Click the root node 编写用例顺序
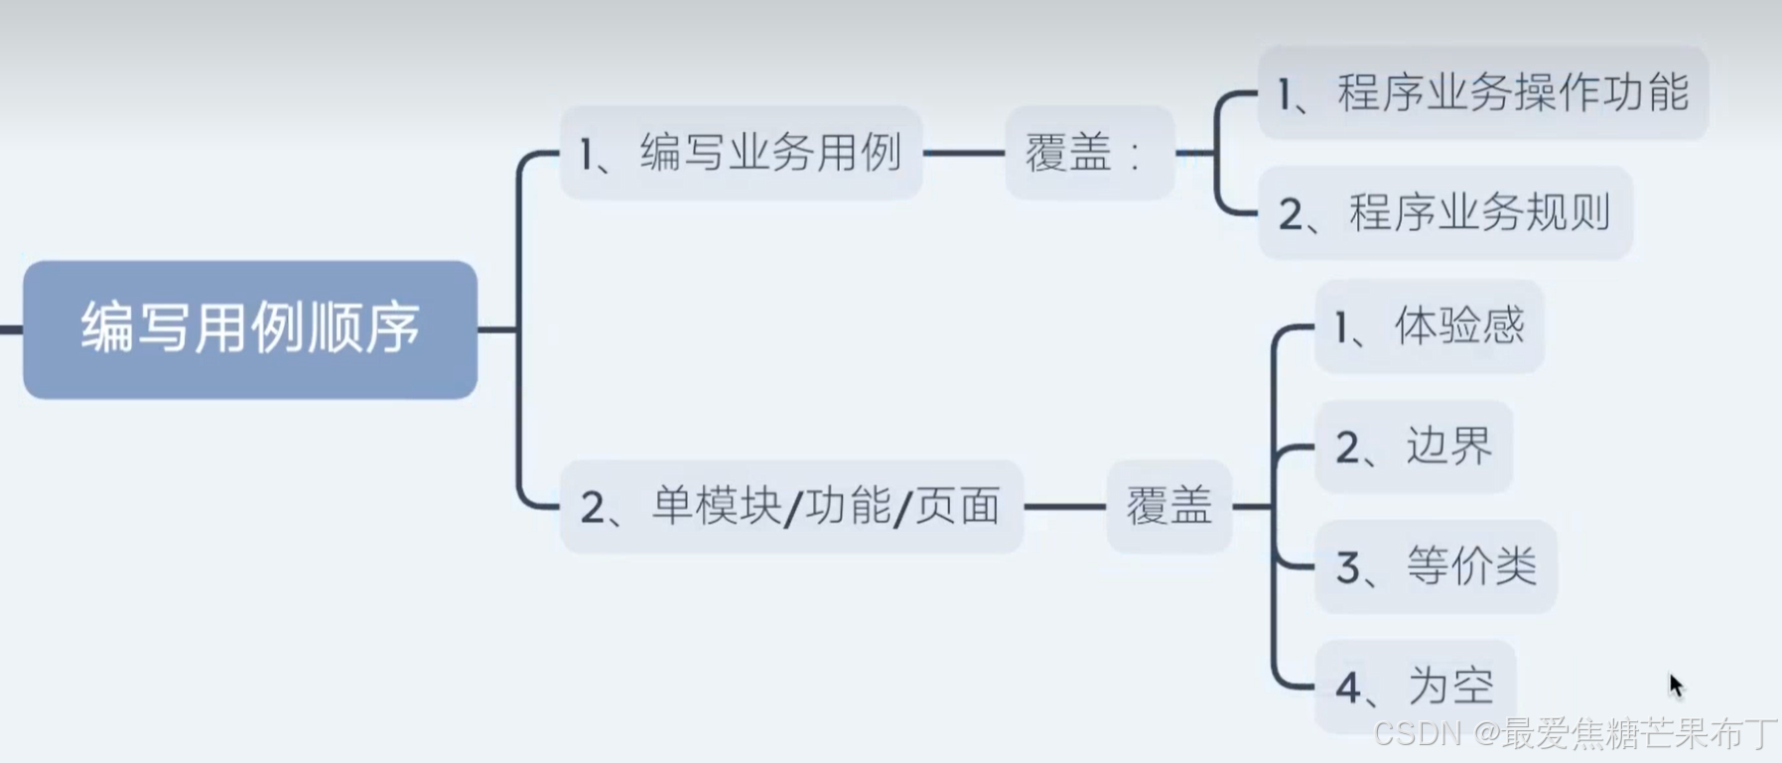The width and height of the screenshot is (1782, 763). (x=250, y=329)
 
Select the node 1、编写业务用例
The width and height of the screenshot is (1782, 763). (x=741, y=153)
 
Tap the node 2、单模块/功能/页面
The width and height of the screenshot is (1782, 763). (x=790, y=506)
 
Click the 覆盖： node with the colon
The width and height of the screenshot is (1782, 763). (x=1089, y=153)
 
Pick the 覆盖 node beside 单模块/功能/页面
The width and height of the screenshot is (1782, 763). (x=1168, y=506)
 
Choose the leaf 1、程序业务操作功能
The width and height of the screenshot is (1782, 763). (x=1482, y=93)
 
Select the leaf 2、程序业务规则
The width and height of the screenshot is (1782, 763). (x=1444, y=212)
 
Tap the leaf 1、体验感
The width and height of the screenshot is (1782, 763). (x=1429, y=326)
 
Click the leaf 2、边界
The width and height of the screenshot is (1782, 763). (x=1414, y=446)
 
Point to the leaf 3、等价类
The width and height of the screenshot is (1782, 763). (x=1436, y=567)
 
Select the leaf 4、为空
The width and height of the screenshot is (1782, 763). (x=1415, y=686)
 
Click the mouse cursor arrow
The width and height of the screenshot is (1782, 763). (x=1676, y=685)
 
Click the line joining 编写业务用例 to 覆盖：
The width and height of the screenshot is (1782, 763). (x=963, y=153)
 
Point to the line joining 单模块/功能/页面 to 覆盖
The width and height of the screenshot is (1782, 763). (x=1064, y=506)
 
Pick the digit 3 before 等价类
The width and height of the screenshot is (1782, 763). (x=1348, y=569)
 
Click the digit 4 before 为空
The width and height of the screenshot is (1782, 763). (x=1348, y=688)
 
